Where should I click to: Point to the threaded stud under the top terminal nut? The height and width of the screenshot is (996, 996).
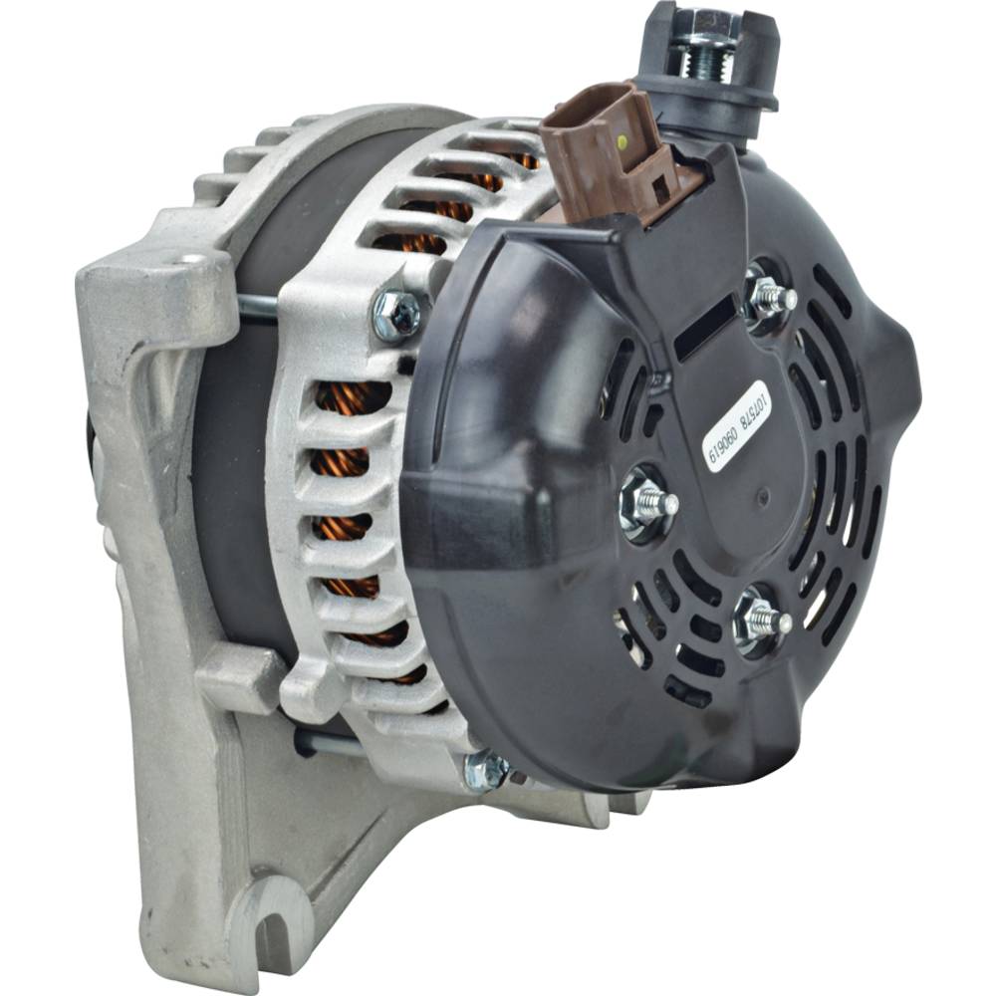click(702, 62)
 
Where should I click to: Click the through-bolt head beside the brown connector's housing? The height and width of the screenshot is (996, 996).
click(398, 315)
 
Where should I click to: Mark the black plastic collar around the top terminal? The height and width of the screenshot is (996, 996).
click(709, 94)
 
